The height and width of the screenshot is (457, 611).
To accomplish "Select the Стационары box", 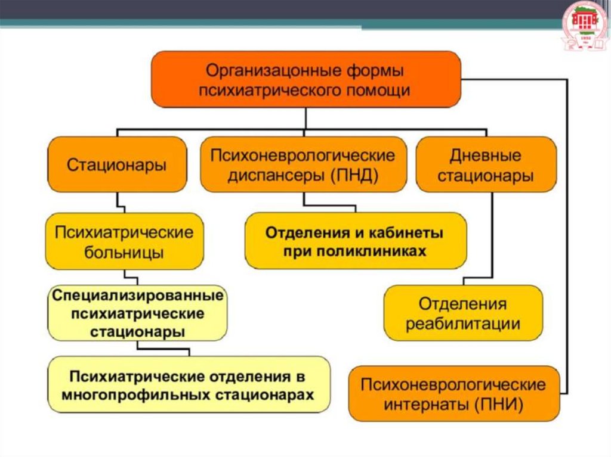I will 116,164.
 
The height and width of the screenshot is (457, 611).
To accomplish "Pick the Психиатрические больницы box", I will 124,242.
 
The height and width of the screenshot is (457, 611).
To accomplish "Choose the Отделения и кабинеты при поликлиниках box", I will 355,241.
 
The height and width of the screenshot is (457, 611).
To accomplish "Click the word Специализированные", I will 138,295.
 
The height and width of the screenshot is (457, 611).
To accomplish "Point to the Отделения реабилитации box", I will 463,313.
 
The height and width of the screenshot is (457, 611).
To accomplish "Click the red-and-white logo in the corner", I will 584,24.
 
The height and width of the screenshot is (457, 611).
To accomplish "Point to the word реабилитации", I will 463,324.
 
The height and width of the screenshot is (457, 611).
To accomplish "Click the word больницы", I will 124,252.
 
